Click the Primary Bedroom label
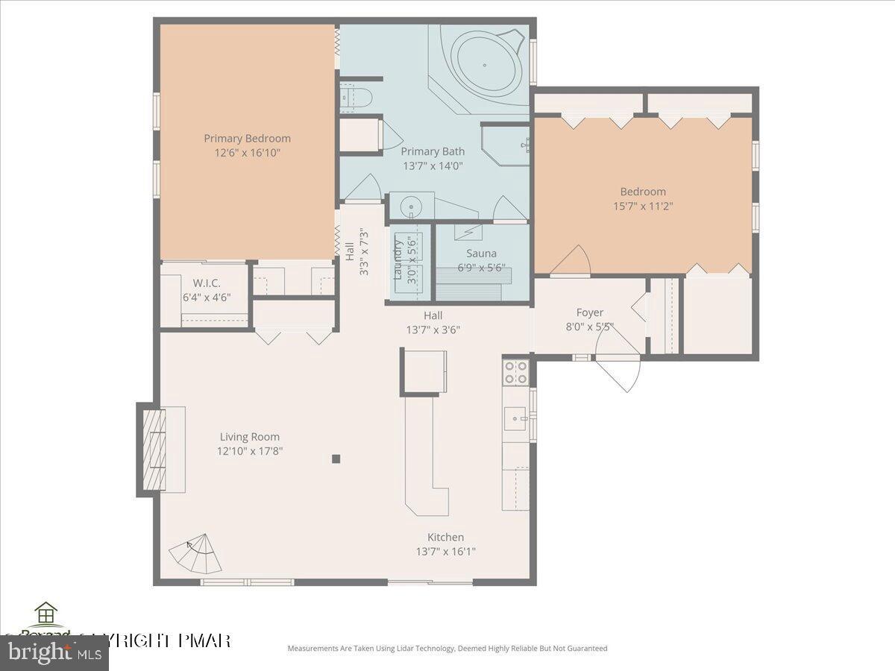point(247,138)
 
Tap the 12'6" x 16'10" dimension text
point(247,153)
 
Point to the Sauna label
point(481,253)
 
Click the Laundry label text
point(398,257)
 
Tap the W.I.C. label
point(206,283)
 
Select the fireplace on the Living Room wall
point(152,450)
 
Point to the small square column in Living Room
point(336,459)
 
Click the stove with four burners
point(516,372)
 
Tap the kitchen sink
point(515,419)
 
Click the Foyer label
point(589,312)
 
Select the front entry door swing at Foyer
point(619,369)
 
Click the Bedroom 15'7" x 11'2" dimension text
point(643,207)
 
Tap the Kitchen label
point(445,537)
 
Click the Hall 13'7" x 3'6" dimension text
point(433,330)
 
